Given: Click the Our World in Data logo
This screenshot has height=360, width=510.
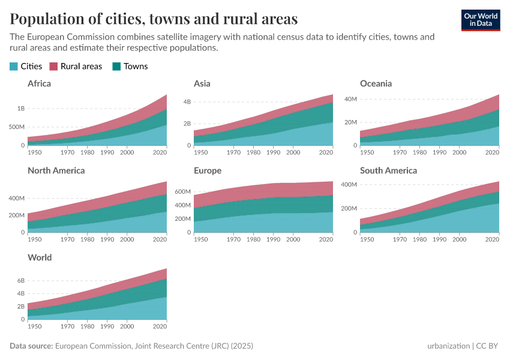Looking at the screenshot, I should click(x=480, y=20).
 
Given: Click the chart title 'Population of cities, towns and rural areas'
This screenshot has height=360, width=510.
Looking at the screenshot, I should click(x=154, y=19).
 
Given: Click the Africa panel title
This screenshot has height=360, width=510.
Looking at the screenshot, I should click(x=39, y=83).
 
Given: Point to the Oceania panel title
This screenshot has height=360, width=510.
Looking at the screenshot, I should click(x=376, y=83).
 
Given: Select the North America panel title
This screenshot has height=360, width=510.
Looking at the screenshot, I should click(x=56, y=170).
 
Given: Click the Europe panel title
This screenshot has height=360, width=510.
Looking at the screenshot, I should click(x=208, y=170).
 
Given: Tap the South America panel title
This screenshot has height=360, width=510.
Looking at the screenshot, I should click(x=388, y=170).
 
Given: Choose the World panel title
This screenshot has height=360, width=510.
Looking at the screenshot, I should click(x=40, y=257).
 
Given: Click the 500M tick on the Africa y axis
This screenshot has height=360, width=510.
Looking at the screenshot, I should click(x=16, y=127).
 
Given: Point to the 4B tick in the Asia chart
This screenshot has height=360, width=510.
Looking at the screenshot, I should click(x=187, y=102).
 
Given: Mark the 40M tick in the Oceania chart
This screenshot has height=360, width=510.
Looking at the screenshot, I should click(x=349, y=98).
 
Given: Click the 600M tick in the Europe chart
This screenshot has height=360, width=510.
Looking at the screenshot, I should click(x=182, y=192).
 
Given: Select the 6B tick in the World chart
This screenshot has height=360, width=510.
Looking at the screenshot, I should click(x=20, y=281).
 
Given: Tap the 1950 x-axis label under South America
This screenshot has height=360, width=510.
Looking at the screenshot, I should click(x=367, y=239).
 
